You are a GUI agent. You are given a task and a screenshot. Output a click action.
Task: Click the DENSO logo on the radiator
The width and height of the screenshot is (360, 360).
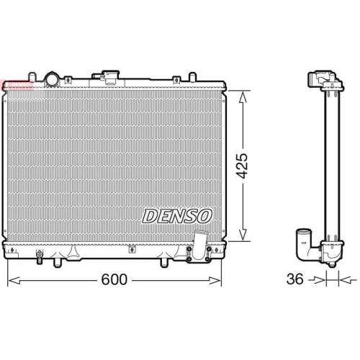click(177, 215)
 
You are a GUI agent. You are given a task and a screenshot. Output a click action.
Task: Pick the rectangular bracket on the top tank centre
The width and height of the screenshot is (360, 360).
click(111, 75)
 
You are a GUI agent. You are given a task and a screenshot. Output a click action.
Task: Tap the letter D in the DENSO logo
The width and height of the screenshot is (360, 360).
click(149, 215)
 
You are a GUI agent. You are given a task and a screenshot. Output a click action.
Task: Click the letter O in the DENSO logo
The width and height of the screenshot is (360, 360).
click(205, 215)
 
